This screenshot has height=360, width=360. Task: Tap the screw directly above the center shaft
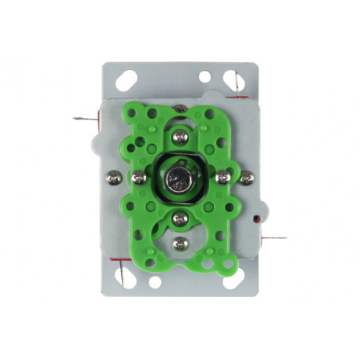coord(180,138)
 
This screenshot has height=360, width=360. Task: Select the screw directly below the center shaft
coord(180,218)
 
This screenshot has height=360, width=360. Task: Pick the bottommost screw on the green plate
coord(180,244)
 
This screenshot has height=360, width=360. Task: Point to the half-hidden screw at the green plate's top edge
coord(180,108)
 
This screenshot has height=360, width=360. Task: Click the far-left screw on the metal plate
coord(114,178)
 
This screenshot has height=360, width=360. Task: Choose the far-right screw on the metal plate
coord(246,178)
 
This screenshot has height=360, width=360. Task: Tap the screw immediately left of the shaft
coord(138,178)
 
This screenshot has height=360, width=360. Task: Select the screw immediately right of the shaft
coord(222,178)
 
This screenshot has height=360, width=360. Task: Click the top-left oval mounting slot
coord(126,79)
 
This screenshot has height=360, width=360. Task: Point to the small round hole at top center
coord(204,77)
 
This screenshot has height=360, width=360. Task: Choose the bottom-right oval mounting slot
coord(233,279)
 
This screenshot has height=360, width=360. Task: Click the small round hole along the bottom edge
coord(155,281)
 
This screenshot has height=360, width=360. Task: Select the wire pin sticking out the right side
coord(275,237)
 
